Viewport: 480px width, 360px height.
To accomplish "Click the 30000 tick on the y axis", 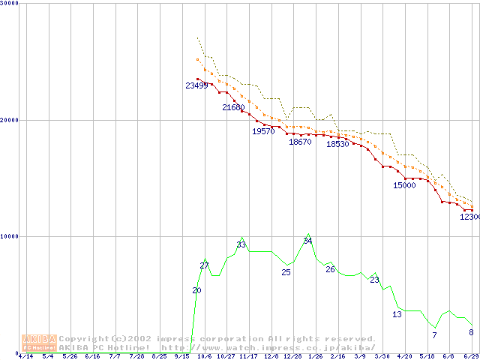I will tap(10, 4).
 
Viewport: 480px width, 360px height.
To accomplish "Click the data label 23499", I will tap(196, 85).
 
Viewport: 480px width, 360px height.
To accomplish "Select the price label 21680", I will tap(233, 108).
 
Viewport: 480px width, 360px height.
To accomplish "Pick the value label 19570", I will tap(262, 131).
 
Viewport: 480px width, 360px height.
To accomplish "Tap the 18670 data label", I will tap(300, 142).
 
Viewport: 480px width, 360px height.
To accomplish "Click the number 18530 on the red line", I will tap(337, 144).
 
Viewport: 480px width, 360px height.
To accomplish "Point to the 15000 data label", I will tap(404, 184).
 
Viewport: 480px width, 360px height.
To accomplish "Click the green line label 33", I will tap(241, 244).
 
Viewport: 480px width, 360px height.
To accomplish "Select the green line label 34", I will tap(307, 241).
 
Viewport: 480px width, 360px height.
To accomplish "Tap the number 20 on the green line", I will tap(196, 290).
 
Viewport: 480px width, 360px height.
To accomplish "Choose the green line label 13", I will tap(397, 314).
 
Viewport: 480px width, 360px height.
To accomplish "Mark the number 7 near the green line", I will tap(434, 335).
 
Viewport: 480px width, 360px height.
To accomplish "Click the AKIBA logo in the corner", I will tap(39, 343).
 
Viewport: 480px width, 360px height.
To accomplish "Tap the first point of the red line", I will tap(197, 79).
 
